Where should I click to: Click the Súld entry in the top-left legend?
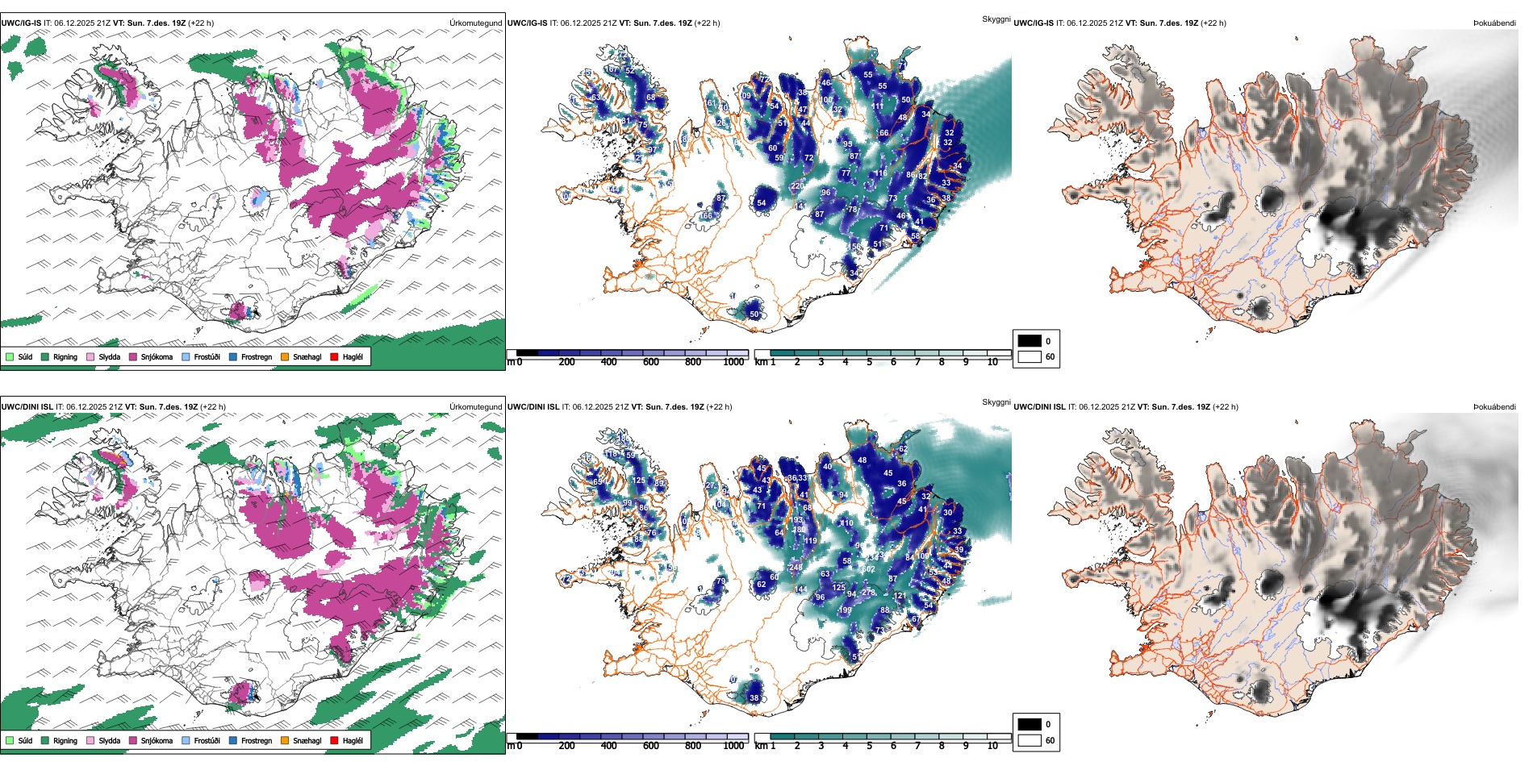[25, 357]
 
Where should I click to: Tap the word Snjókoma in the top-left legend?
[157, 357]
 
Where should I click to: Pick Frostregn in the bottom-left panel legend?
[256, 741]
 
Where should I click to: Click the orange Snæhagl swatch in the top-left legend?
[285, 357]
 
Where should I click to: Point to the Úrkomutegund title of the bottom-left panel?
[475, 407]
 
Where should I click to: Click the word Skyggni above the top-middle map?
[996, 19]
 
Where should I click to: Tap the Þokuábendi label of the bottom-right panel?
[1494, 407]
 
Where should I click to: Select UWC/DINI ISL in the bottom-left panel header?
[27, 407]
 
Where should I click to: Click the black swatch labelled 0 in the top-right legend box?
[1030, 341]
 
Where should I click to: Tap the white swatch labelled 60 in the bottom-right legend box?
[1030, 740]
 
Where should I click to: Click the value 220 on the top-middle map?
[797, 186]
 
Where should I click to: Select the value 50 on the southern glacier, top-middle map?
[754, 314]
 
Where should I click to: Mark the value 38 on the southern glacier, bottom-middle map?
[754, 698]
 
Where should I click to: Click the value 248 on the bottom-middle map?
[796, 568]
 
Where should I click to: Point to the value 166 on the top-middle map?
[706, 216]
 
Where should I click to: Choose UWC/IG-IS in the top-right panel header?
[1033, 23]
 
